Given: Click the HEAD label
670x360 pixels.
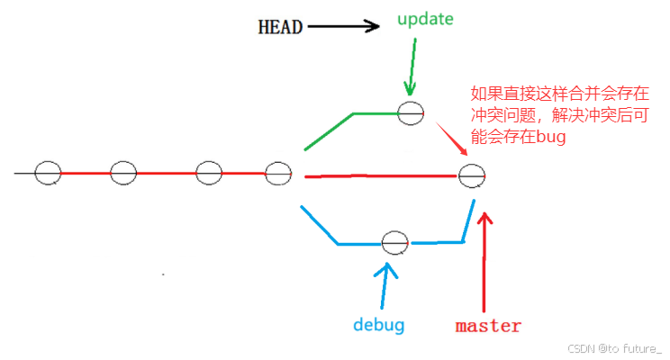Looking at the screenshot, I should (x=280, y=27).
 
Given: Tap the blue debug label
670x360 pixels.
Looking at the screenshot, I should (x=378, y=324).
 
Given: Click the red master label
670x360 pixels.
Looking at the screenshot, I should (x=488, y=325).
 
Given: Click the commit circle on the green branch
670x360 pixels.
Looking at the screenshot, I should (x=411, y=112).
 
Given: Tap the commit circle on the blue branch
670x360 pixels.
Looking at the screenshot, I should (x=394, y=242).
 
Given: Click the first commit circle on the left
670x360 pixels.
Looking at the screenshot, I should (x=48, y=172).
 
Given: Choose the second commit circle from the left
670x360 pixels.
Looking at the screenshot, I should (x=123, y=172).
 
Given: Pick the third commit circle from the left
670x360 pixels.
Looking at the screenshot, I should (x=208, y=172).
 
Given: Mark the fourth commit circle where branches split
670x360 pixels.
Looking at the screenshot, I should (x=278, y=172).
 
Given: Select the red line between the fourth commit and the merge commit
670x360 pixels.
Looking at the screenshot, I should (x=378, y=176).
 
